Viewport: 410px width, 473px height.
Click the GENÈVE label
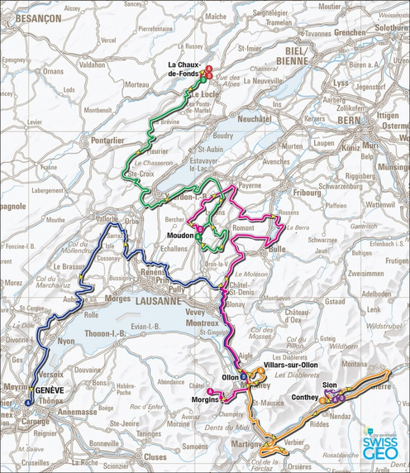coord(48,388)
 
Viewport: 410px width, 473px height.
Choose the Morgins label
coord(204,399)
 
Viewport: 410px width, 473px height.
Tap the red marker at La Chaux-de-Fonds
coord(208,73)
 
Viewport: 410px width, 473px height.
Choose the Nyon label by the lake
coord(67,340)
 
